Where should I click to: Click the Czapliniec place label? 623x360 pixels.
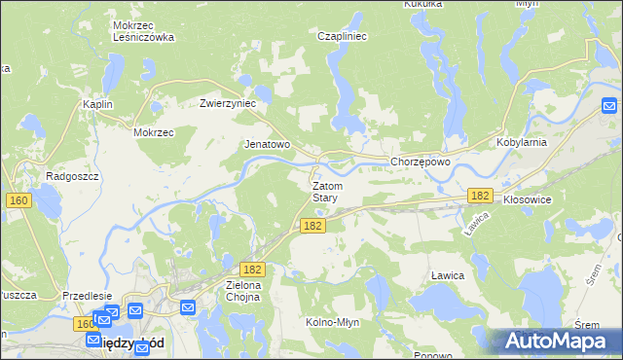click(341, 36)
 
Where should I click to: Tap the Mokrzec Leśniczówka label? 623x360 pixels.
click(143, 31)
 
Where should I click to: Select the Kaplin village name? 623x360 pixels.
click(97, 104)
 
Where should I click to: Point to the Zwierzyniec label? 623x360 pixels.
click(227, 103)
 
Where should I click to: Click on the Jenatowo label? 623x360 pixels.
click(267, 144)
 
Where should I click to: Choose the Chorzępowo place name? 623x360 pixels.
click(420, 162)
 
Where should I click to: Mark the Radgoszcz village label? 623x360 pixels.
click(68, 176)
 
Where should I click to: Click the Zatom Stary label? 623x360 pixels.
click(325, 191)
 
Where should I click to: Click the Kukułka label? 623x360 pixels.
click(423, 4)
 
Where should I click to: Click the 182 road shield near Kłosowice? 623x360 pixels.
click(478, 196)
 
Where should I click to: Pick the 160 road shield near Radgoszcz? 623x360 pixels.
click(18, 200)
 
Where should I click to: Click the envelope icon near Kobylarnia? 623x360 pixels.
click(610, 105)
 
